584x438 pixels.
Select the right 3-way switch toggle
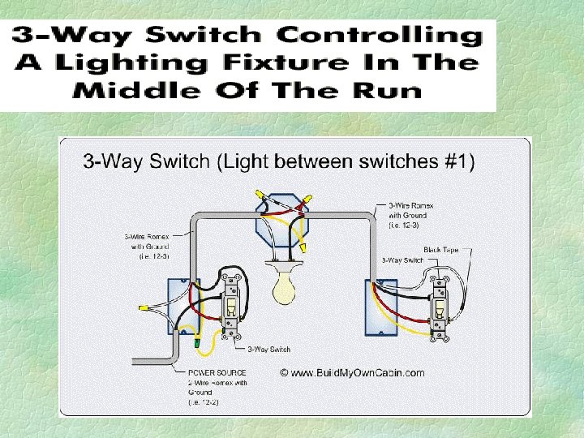tap(442, 307)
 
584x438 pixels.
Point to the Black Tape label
tap(440, 250)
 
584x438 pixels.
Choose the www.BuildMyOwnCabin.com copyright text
tap(352, 373)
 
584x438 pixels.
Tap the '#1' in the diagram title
tap(462, 161)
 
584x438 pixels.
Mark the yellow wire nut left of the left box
tap(144, 308)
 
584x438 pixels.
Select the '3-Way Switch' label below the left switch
tap(268, 350)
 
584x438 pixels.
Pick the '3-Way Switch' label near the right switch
tap(402, 260)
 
